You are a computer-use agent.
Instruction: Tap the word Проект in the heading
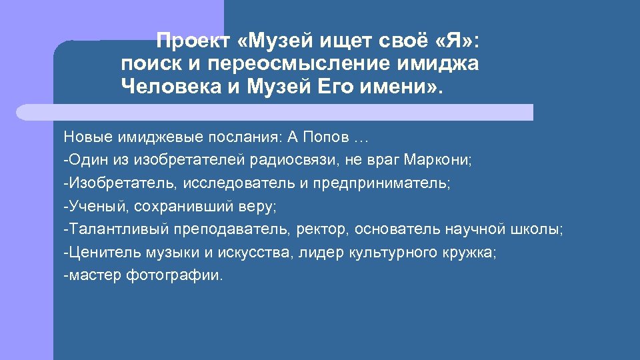193,42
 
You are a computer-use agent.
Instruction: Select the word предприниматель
381,183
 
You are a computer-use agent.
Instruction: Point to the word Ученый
90,206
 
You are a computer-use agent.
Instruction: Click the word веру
259,206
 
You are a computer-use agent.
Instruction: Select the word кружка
474,252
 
